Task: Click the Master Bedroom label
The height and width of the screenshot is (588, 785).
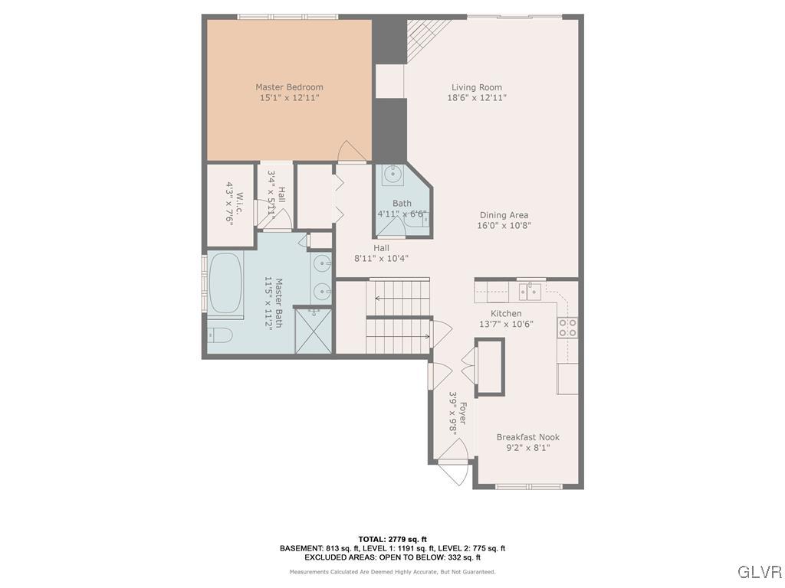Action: click(289, 87)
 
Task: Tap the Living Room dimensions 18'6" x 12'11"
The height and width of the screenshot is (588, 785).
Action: click(477, 98)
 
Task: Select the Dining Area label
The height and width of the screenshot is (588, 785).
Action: click(504, 215)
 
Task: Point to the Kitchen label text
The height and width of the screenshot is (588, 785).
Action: click(506, 313)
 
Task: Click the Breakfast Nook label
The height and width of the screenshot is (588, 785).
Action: click(527, 437)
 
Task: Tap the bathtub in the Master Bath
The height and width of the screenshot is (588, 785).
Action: click(225, 283)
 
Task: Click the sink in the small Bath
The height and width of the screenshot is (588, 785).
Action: click(392, 175)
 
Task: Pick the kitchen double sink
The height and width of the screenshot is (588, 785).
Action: click(530, 291)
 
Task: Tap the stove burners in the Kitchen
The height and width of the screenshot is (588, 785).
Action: click(568, 328)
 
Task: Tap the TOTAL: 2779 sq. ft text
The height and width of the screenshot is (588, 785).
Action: click(392, 539)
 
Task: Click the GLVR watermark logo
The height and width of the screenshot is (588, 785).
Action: click(759, 572)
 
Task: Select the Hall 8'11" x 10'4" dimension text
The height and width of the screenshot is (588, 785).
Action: click(381, 259)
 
